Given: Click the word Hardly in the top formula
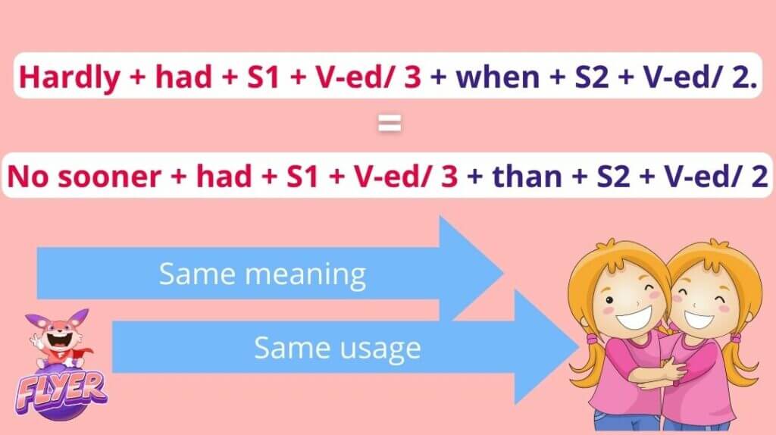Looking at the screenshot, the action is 70,77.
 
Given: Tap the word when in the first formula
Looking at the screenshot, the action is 498,77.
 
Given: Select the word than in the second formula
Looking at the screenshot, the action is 527,176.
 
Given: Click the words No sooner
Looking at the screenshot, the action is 84,177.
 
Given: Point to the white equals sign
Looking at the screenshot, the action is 390,124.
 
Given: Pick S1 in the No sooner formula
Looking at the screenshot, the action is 302,177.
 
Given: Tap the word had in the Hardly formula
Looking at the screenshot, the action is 183,77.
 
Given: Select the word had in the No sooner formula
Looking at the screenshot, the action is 224,176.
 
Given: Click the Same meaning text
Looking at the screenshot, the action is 262,274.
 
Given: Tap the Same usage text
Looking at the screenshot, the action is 337,349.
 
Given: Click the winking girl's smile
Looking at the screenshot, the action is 634,317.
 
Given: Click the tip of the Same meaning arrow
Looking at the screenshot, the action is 504,273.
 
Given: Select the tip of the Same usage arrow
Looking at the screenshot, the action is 579,346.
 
